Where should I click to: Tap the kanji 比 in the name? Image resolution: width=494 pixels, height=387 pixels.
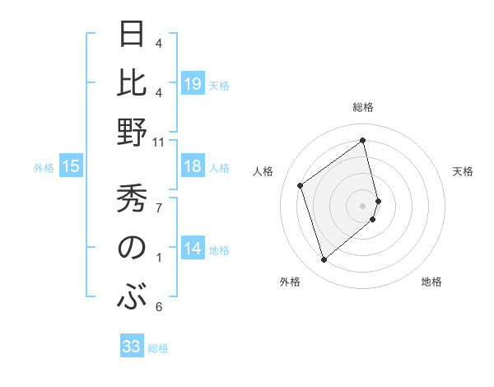[133, 83]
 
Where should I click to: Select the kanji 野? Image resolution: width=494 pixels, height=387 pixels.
[133, 133]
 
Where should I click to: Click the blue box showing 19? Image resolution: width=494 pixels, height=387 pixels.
[192, 84]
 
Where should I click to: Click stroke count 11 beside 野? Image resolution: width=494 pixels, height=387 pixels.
[159, 142]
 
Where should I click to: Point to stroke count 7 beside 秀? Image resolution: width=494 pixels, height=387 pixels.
[158, 207]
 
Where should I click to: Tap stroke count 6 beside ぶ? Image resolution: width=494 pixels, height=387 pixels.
[158, 307]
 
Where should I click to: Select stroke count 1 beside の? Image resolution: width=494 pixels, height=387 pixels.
[158, 258]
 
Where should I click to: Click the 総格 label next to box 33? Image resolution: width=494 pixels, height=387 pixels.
[158, 348]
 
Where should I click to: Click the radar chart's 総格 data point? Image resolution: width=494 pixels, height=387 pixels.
[363, 141]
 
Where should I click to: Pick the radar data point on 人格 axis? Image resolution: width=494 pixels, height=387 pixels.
[301, 186]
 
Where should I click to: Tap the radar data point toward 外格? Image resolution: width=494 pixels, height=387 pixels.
[324, 260]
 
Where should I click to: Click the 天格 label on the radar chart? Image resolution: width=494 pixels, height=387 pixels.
[463, 171]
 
